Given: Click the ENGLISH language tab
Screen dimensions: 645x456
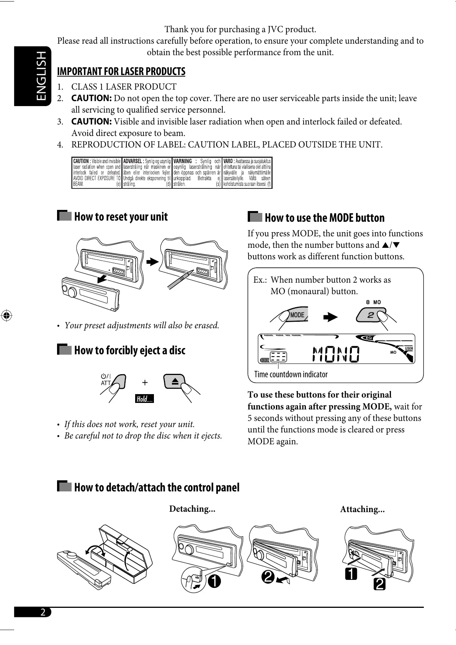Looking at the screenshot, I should (x=33, y=76).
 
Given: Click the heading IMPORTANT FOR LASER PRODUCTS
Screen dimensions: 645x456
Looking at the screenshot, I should (x=121, y=72).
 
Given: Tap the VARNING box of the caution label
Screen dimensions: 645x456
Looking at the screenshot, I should (x=197, y=173).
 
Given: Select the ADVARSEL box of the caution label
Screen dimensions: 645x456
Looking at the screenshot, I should (x=147, y=173).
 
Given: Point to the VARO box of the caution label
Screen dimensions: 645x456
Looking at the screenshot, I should (x=247, y=173).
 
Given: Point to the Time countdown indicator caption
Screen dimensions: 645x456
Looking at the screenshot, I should (x=291, y=375).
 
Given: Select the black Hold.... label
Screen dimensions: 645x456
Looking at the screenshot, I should (x=145, y=399).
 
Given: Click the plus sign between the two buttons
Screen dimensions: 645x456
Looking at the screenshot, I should (x=145, y=382).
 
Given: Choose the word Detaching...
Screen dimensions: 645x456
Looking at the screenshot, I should (x=192, y=509).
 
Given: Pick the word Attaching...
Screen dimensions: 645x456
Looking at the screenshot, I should (x=362, y=509).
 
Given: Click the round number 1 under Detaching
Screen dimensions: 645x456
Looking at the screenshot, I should (x=214, y=581).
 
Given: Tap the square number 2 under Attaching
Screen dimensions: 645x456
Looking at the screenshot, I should (x=380, y=585).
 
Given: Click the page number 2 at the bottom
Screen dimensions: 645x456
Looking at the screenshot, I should (x=43, y=612).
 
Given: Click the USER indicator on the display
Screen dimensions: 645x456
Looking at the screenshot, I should (x=409, y=349).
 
